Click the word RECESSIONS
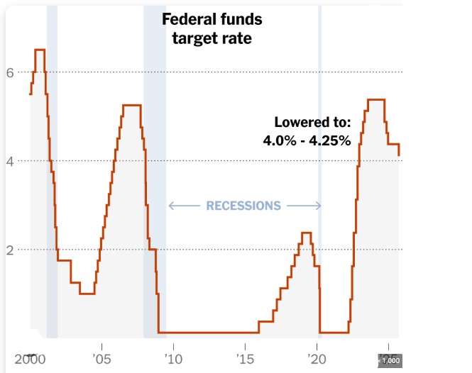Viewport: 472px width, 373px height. coord(243,206)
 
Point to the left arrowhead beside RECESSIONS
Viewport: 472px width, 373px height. coord(171,206)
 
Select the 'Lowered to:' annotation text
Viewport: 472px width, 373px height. coord(312,123)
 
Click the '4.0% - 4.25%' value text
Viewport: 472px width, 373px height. coord(307,140)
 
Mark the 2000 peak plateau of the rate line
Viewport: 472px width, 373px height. coord(40,50)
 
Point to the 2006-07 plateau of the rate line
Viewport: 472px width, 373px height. coord(131,105)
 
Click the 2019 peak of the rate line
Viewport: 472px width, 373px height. coord(307,233)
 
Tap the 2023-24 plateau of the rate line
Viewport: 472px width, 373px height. coord(376,99)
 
